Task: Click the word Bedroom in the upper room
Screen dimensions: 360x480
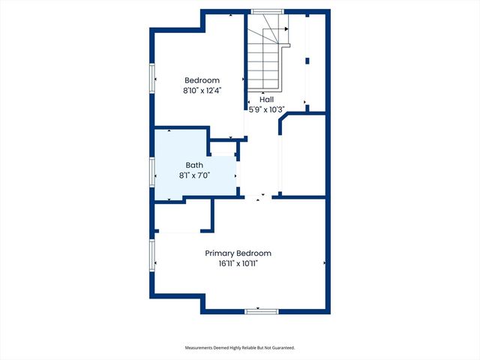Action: (202, 80)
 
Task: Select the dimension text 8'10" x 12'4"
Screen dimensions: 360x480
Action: (202, 91)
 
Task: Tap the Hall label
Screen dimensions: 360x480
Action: (266, 99)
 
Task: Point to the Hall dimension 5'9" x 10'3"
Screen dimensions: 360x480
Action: (266, 109)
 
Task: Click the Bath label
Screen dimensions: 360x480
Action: (193, 165)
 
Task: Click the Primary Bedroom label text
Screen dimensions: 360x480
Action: (238, 253)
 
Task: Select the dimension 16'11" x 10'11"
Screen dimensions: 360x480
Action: (238, 264)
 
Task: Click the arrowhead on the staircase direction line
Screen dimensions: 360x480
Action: (286, 29)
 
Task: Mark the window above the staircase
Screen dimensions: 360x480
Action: (267, 11)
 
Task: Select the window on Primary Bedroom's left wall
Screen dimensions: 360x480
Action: (152, 256)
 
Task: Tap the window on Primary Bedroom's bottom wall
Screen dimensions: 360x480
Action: (262, 310)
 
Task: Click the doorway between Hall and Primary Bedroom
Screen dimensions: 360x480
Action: (258, 196)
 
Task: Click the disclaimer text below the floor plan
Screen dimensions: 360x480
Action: (240, 348)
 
